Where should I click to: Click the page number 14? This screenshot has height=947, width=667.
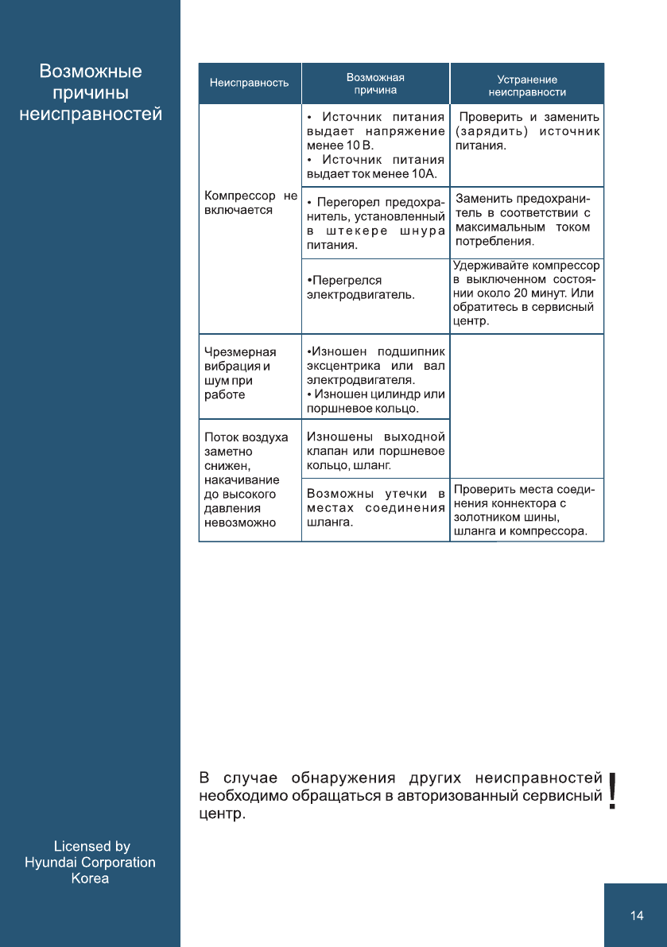[x=636, y=916]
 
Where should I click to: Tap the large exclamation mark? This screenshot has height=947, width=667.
[x=612, y=791]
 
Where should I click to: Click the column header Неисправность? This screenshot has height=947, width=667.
[x=249, y=83]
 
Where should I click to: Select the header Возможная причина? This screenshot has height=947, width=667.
[x=375, y=83]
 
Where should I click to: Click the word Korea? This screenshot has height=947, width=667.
[x=90, y=879]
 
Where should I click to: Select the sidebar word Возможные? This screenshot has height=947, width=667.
[x=91, y=72]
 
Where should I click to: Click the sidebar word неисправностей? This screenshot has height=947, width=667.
[x=91, y=114]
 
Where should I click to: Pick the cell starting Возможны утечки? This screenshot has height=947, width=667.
[x=375, y=508]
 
